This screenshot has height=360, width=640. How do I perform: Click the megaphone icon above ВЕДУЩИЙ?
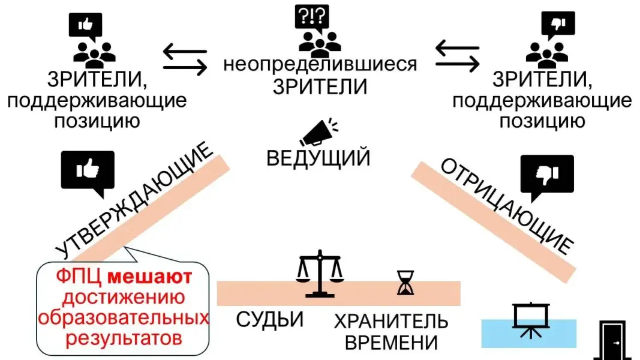tap(319, 133)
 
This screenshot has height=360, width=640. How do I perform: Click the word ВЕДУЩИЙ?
tap(318, 158)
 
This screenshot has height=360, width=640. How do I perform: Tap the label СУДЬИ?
tap(269, 319)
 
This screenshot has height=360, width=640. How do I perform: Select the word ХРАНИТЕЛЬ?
tap(391, 321)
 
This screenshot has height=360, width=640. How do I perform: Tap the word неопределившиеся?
tap(320, 64)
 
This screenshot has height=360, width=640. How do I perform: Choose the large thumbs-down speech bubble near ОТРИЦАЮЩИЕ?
tap(547, 176)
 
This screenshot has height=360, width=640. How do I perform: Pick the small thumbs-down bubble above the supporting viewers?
tap(552, 25)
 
